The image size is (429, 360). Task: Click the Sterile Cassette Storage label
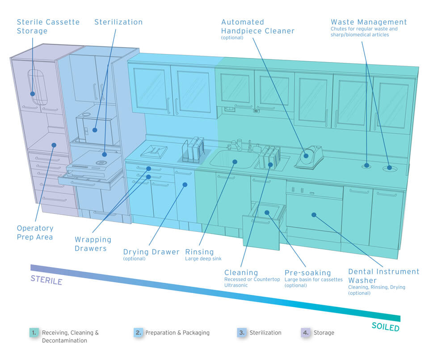48,26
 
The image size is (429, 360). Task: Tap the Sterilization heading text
118,22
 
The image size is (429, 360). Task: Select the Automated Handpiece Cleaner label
258,26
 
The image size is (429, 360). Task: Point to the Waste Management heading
369,22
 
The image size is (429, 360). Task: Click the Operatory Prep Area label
35,232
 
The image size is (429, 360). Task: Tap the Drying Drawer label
151,252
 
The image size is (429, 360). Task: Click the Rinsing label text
199,252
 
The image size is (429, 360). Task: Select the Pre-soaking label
307,272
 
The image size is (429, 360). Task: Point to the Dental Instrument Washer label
383,276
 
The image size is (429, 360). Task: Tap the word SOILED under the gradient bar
385,327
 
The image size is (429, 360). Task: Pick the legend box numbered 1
34,333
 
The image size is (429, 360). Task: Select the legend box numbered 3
242,333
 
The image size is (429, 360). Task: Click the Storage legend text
324,333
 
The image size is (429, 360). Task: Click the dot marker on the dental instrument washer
314,215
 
